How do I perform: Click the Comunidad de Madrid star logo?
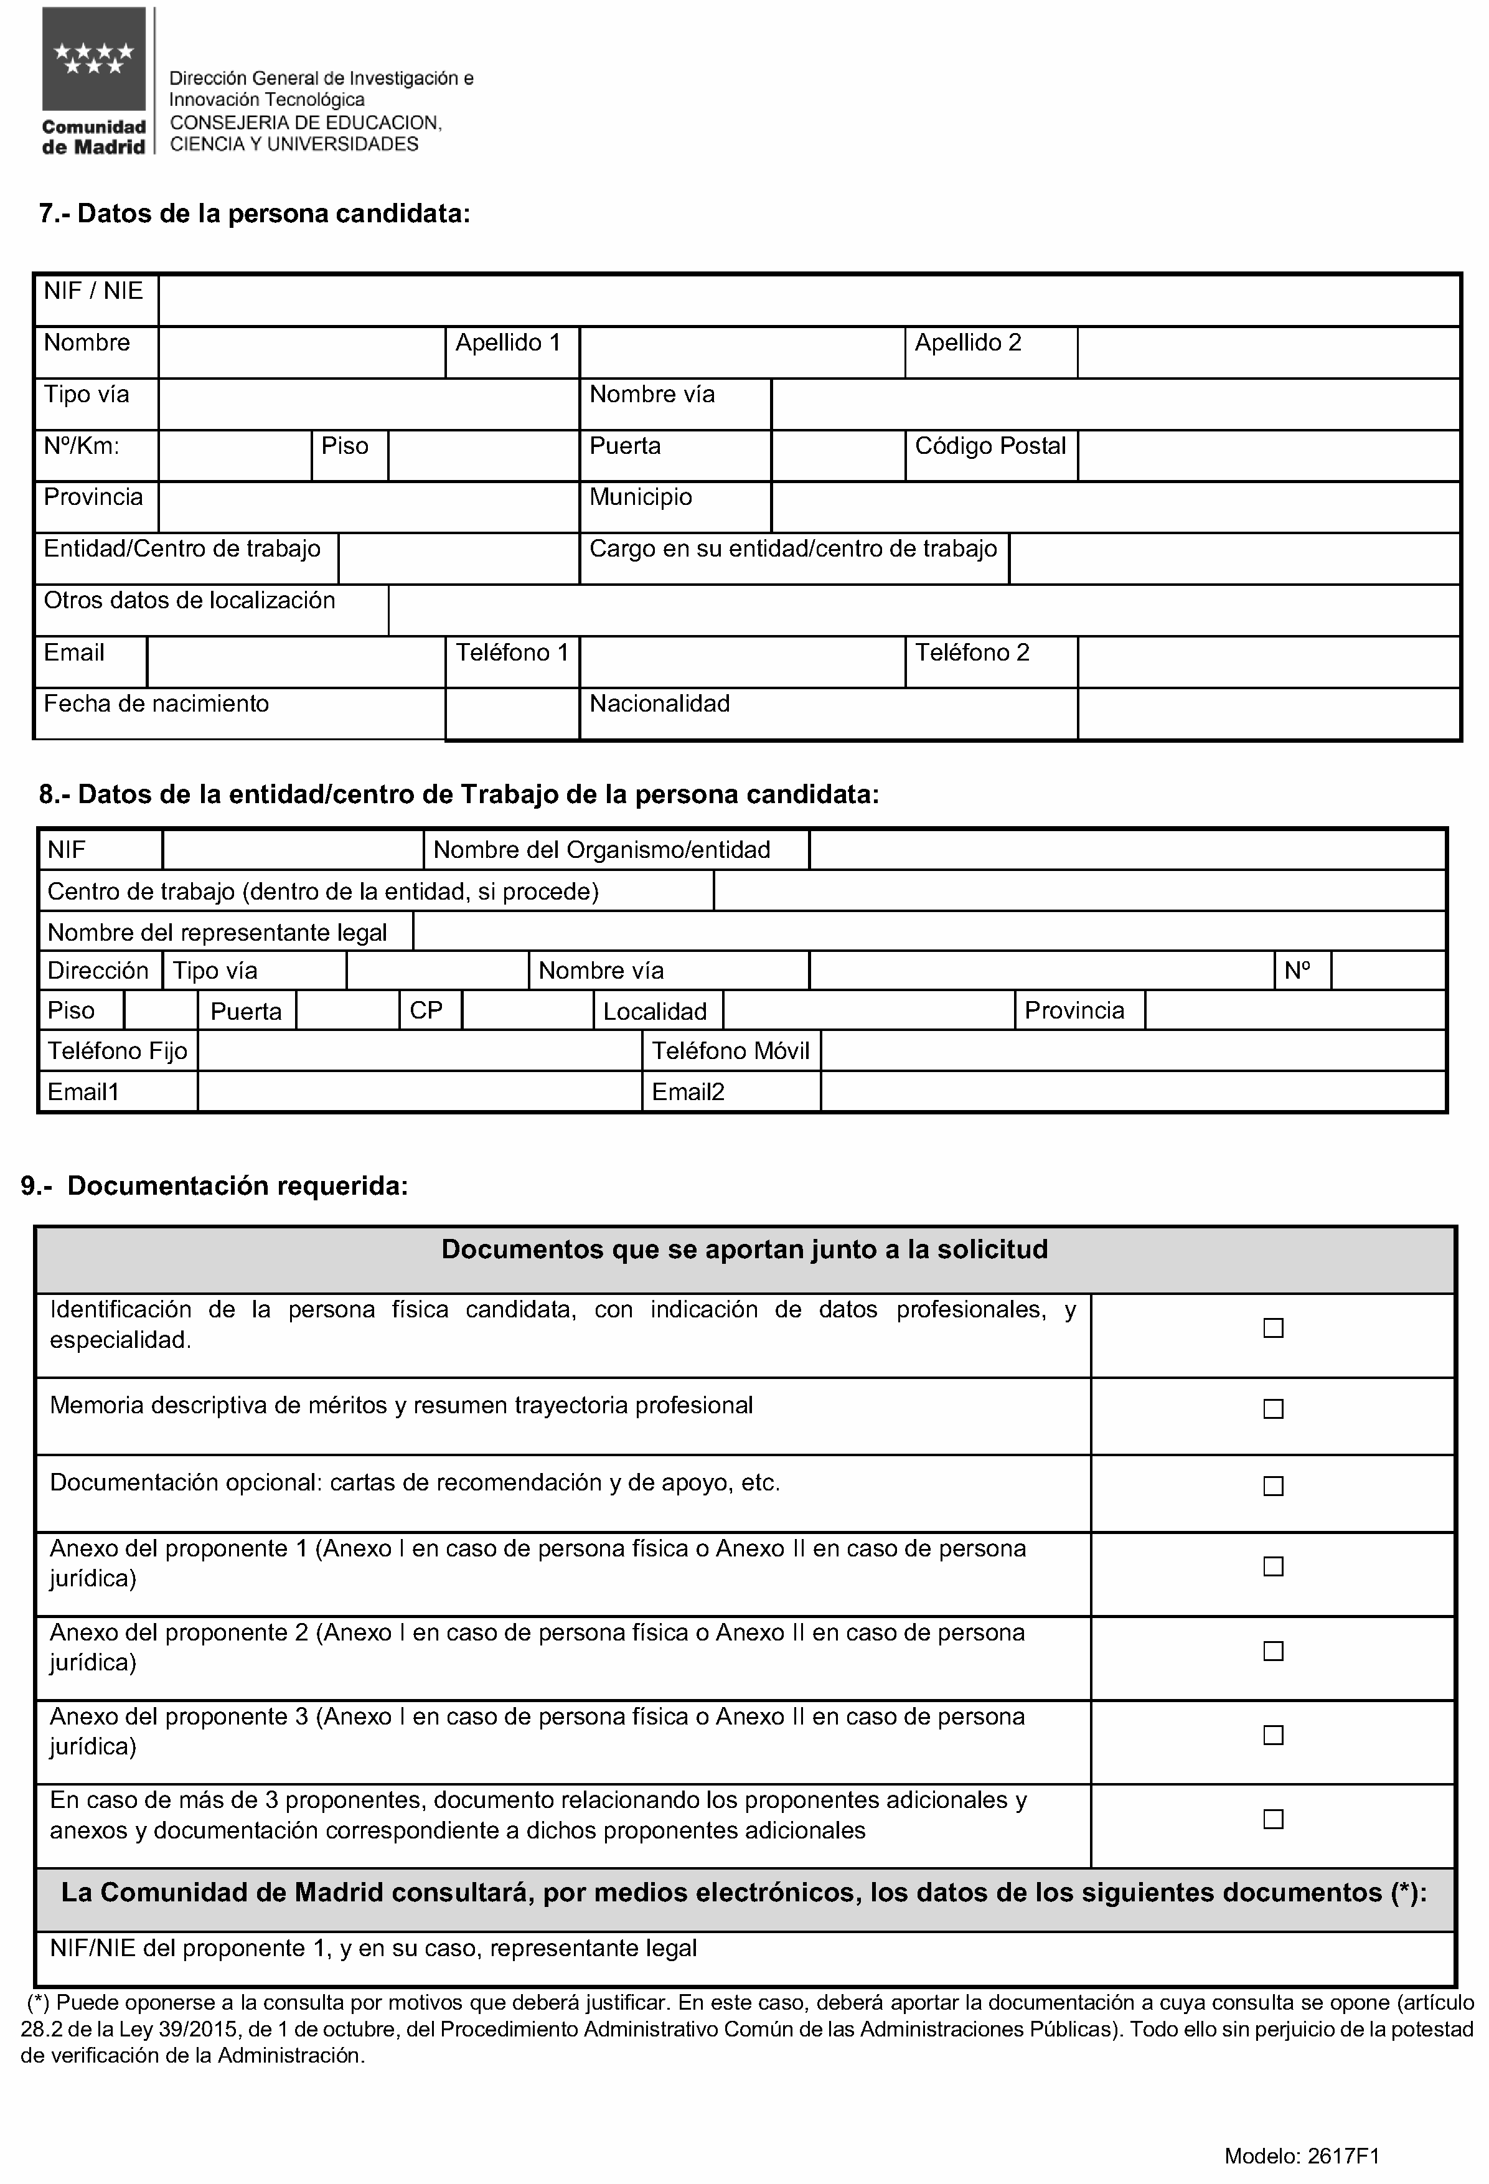[x=94, y=59]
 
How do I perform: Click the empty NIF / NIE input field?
[x=808, y=301]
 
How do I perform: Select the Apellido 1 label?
[x=507, y=343]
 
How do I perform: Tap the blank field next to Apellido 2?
[x=1267, y=352]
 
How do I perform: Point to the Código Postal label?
[x=990, y=446]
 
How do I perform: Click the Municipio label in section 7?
[x=640, y=497]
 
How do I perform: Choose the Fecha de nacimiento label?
[x=156, y=704]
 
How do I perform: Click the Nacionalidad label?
[x=659, y=704]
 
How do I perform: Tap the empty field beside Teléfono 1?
[x=741, y=662]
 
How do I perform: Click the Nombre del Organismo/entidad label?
[x=601, y=850]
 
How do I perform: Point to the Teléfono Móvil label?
[x=730, y=1051]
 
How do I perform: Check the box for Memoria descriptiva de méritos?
[x=1273, y=1409]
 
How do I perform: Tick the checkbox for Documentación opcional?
[x=1273, y=1485]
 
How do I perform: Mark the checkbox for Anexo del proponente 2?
[x=1273, y=1651]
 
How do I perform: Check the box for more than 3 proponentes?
[x=1273, y=1819]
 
